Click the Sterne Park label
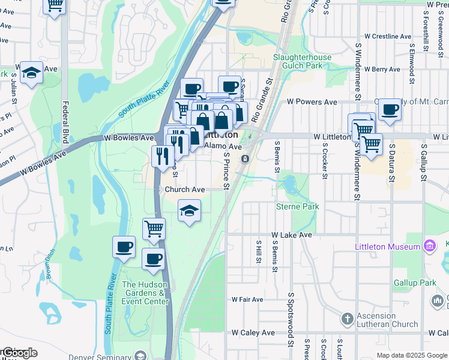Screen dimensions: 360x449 (297, 206)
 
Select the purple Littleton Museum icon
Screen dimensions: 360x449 (429, 245)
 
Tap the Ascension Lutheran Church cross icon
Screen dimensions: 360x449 (347, 319)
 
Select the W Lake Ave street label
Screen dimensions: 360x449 (292, 235)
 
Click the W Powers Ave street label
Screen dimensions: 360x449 (312, 102)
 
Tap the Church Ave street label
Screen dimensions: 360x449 (185, 189)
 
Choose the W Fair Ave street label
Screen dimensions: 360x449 (247, 299)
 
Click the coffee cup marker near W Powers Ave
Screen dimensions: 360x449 (390, 109)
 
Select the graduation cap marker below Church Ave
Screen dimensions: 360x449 (189, 211)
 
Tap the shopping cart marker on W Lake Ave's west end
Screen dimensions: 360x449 (154, 229)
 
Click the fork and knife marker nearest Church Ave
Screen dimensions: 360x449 (163, 157)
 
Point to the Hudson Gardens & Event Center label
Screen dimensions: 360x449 (145, 293)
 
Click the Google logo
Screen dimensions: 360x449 (19, 353)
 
